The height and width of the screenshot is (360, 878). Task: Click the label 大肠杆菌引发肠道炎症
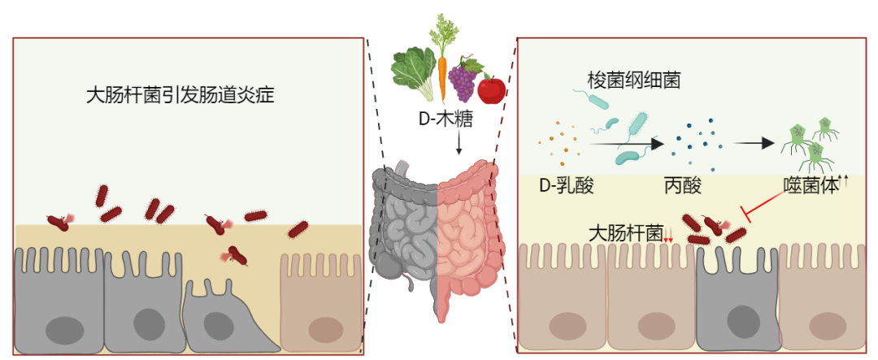tap(180, 96)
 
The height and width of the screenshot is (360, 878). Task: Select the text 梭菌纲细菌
tap(634, 80)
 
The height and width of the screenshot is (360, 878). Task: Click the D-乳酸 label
tap(567, 186)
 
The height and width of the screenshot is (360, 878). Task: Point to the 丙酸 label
tap(683, 186)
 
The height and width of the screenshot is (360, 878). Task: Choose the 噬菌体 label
tap(810, 186)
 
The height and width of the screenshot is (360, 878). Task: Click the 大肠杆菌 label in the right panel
tap(625, 233)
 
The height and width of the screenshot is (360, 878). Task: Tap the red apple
tap(491, 89)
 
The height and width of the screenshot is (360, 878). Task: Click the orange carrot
tap(442, 69)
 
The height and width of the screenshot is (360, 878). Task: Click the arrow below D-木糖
tap(459, 143)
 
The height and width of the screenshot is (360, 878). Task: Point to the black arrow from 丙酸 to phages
tap(753, 143)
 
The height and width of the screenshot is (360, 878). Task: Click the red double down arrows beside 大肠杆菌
tap(668, 237)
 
